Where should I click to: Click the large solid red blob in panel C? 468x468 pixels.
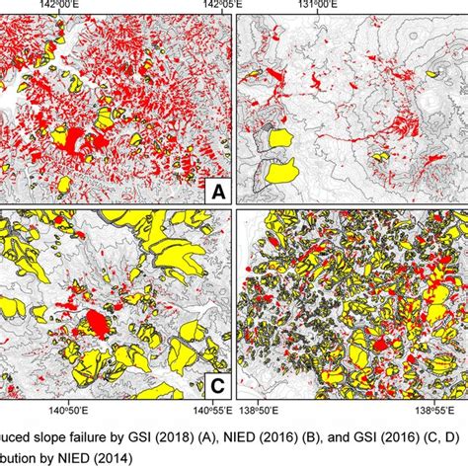(96, 322)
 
